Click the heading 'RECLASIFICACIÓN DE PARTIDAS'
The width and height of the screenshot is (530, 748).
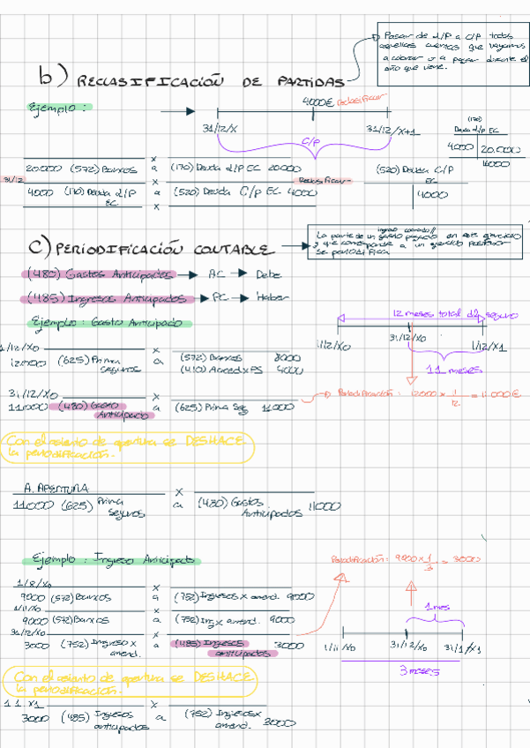click(x=212, y=81)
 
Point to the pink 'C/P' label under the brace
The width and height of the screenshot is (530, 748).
click(x=310, y=140)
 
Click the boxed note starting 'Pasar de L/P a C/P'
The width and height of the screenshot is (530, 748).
click(x=450, y=47)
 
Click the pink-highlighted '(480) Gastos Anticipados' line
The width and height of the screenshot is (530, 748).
click(x=101, y=274)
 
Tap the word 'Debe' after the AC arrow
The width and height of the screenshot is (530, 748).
click(x=267, y=274)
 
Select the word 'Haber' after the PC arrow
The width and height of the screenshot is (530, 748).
click(x=272, y=297)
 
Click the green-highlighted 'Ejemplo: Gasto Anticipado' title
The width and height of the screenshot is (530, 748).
click(x=106, y=323)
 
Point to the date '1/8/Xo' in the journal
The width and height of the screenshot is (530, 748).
click(x=33, y=583)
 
